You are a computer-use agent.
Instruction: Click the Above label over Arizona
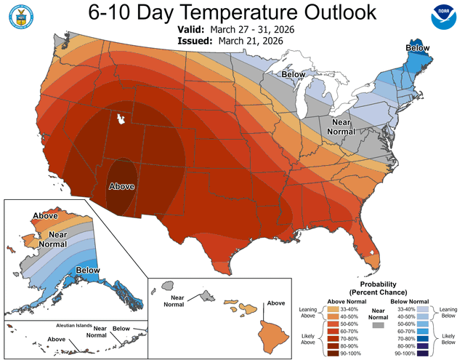(x=121, y=187)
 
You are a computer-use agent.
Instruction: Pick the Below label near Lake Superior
(x=293, y=74)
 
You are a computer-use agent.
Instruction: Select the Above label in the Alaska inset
(x=45, y=215)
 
